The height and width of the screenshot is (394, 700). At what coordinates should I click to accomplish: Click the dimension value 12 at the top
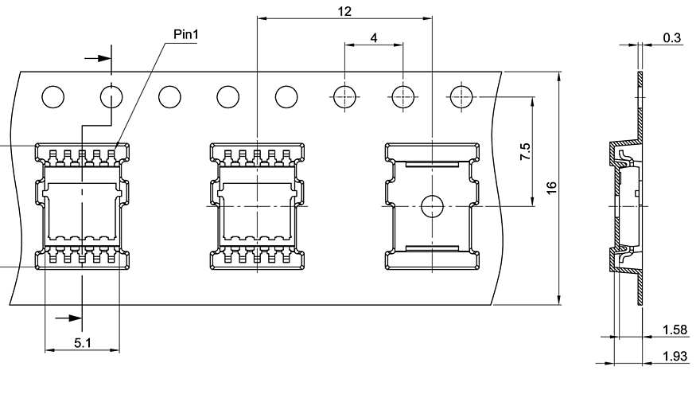point(344,11)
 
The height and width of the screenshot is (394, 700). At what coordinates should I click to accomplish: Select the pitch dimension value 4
point(373,37)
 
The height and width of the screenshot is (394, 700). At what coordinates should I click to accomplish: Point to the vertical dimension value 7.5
point(525,152)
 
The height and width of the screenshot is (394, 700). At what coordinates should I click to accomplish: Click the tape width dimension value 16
point(551,188)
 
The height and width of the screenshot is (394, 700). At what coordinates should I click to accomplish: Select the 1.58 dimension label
point(675,330)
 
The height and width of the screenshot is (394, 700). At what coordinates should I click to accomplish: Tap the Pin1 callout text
point(186,35)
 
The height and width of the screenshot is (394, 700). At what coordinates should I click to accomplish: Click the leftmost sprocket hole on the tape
point(52,97)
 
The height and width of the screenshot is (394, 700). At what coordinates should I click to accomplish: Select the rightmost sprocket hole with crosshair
point(461,97)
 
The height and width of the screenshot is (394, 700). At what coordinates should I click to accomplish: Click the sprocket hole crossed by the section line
point(111,97)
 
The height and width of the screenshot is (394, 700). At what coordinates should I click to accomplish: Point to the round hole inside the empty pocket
point(432,206)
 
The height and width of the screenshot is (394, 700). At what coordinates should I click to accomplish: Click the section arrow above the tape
point(97,58)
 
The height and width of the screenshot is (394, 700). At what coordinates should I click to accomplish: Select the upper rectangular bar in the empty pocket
point(432,165)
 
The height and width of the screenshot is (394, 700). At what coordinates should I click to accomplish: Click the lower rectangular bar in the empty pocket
point(432,248)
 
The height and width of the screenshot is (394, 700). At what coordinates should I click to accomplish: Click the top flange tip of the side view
point(640,76)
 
